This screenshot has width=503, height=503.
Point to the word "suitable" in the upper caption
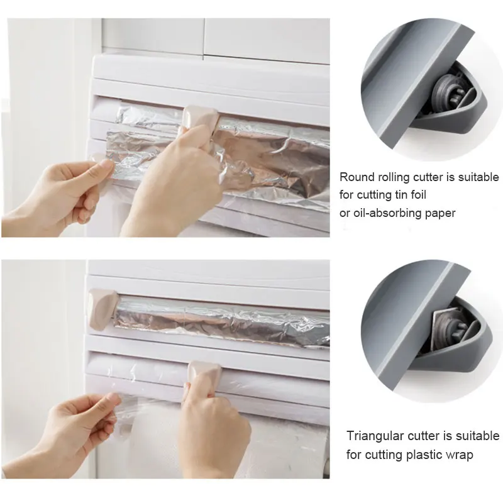[478, 177]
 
